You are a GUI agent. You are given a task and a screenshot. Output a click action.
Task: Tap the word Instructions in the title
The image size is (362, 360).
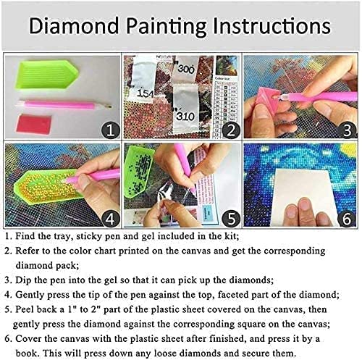tap(265, 27)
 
